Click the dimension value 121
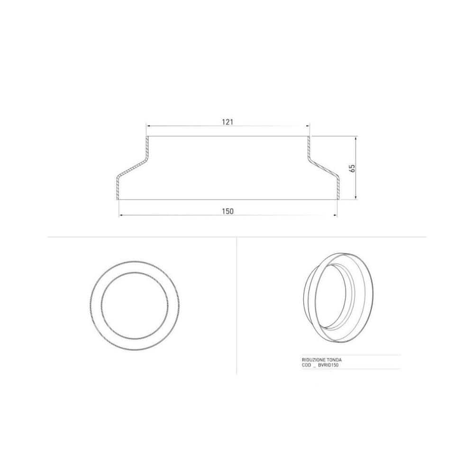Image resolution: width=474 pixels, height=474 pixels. point(228,122)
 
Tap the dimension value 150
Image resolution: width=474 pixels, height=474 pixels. point(228,211)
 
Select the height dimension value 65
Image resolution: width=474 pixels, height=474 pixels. point(352,168)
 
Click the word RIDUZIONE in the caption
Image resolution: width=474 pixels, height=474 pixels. point(313,360)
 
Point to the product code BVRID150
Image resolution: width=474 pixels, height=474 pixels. point(328,365)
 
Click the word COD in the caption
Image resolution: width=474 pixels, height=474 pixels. point(306,365)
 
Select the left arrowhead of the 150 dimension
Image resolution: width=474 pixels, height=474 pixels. point(121,215)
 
